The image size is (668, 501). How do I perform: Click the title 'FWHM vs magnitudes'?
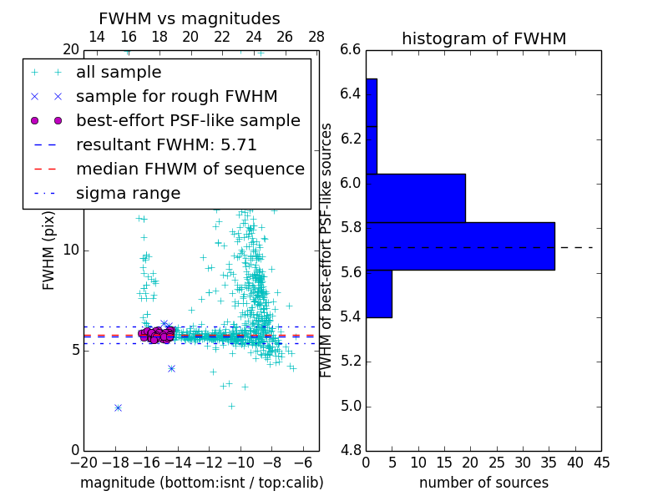click(189, 18)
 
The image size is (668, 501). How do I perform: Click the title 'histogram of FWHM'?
click(483, 38)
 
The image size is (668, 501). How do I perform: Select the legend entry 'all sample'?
click(119, 73)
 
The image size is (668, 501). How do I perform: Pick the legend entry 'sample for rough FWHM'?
click(176, 97)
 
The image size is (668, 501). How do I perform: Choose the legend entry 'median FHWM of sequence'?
click(190, 170)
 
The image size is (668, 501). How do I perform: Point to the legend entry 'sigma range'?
click(128, 194)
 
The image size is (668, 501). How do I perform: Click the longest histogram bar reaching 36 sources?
click(460, 245)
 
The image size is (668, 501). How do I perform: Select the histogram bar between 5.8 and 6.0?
click(416, 198)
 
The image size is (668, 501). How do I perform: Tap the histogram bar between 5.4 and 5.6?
click(379, 294)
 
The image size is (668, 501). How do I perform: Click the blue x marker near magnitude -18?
click(118, 407)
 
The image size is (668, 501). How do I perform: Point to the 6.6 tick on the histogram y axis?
click(351, 49)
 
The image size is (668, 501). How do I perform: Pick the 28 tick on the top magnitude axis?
click(316, 37)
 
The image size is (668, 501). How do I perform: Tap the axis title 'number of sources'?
click(483, 483)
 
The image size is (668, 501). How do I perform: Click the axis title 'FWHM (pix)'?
click(49, 250)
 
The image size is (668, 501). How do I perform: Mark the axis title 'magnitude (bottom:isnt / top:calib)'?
click(201, 483)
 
